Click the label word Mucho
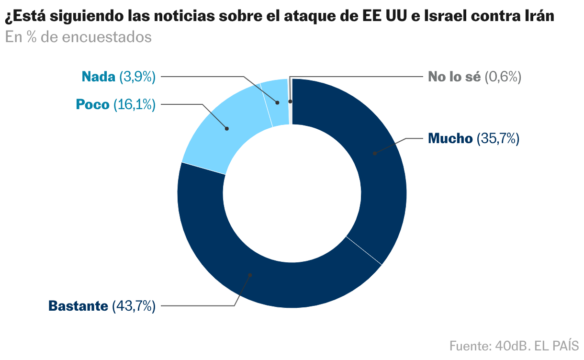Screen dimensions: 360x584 450,139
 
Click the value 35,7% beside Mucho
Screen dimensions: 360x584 498,139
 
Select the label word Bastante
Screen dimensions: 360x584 78,306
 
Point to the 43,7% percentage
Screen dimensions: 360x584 134,306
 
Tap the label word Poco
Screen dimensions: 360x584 92,104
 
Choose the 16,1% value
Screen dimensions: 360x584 135,104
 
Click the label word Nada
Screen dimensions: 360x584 98,77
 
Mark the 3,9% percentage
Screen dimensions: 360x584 137,77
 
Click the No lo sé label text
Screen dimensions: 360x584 454,77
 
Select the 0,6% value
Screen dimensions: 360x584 503,77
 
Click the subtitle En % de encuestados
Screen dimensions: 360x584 78,37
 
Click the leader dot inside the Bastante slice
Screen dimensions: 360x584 249,275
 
